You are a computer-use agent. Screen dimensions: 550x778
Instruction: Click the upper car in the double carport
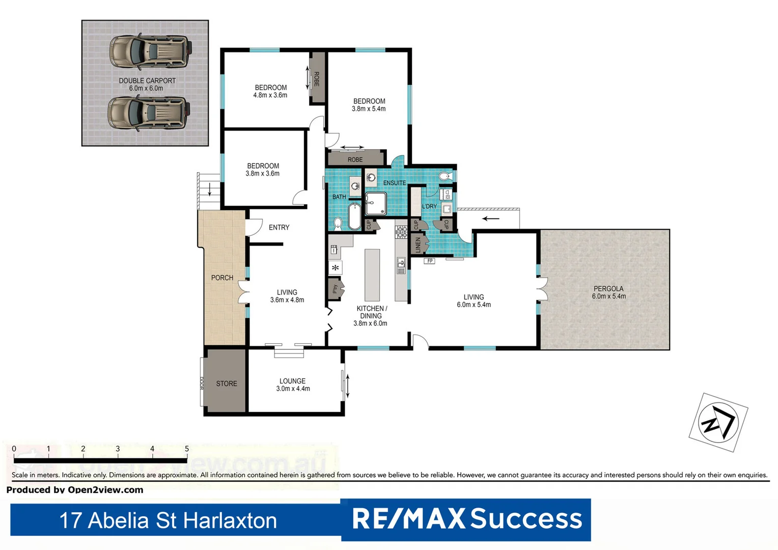[x=150, y=51]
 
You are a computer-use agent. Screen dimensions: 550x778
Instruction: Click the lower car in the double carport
[x=149, y=113]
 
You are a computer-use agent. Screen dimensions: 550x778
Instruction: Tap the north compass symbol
[x=718, y=422]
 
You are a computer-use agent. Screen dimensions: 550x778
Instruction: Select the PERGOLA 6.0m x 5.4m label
[x=608, y=292]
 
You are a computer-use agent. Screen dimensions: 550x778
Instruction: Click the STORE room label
[x=227, y=383]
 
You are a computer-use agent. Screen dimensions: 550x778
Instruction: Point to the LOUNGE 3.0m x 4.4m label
[x=293, y=384]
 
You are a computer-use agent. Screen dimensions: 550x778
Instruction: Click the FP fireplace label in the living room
[x=430, y=261]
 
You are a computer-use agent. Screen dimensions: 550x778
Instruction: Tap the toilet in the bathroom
[x=338, y=223]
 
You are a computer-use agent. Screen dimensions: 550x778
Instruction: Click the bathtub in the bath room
[x=354, y=216]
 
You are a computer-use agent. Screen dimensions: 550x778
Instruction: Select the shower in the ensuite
[x=376, y=204]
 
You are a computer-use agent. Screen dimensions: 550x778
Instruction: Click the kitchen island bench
[x=372, y=275]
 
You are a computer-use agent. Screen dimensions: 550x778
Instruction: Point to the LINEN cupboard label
[x=418, y=244]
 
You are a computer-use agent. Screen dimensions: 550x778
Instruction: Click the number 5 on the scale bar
[x=187, y=449]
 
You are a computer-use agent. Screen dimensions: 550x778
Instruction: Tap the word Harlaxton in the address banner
[x=230, y=520]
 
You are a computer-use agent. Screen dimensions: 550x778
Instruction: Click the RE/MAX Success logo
[x=466, y=519]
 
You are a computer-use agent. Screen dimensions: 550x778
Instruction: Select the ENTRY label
[x=279, y=228]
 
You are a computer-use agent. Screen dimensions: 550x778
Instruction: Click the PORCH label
[x=222, y=278]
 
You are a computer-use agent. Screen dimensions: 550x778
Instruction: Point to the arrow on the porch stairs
[x=210, y=189]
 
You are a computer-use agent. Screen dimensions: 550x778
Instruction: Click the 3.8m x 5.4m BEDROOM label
[x=369, y=105]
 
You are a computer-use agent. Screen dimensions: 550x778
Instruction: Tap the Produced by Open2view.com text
[x=75, y=490]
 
